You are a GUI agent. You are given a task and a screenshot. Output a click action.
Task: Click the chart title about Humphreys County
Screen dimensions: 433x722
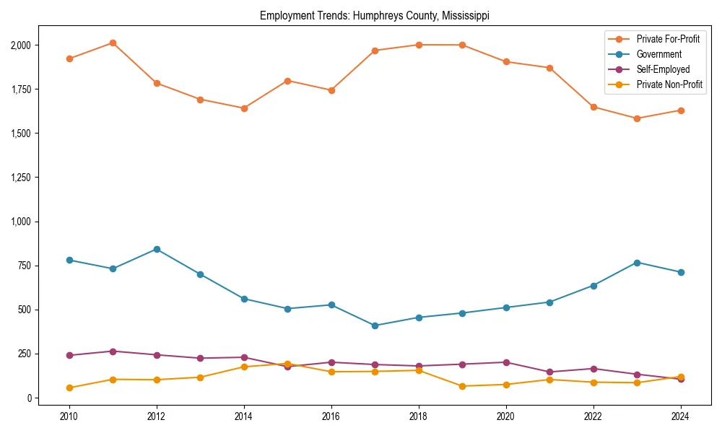pyautogui.click(x=375, y=16)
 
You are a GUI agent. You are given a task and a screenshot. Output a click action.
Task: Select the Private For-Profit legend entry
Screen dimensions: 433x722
pyautogui.click(x=668, y=39)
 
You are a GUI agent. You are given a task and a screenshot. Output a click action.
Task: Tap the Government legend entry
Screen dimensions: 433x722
pyautogui.click(x=658, y=54)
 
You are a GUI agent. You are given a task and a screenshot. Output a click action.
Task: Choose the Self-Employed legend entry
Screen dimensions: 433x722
pyautogui.click(x=663, y=69)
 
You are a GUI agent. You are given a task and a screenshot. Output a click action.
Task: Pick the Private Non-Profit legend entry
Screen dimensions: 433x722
pyautogui.click(x=669, y=84)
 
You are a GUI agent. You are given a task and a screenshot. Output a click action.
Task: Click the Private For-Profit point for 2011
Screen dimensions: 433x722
pyautogui.click(x=113, y=43)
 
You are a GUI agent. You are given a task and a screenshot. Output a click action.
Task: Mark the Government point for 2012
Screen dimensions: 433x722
pyautogui.click(x=157, y=249)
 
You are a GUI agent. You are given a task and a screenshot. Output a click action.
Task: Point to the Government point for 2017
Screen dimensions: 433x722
pyautogui.click(x=375, y=325)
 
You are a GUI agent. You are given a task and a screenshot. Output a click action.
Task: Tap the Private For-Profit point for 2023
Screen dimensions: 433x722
pyautogui.click(x=637, y=118)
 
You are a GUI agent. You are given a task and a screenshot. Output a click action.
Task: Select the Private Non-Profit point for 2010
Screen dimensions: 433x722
pyautogui.click(x=69, y=388)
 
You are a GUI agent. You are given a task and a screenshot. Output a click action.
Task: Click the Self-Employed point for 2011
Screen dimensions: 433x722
pyautogui.click(x=113, y=351)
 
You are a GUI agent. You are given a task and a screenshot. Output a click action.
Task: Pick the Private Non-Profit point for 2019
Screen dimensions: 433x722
pyautogui.click(x=462, y=386)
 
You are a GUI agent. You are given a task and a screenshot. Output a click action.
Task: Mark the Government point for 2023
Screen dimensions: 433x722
pyautogui.click(x=637, y=263)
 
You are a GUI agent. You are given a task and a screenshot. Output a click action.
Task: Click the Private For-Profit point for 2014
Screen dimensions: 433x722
pyautogui.click(x=244, y=108)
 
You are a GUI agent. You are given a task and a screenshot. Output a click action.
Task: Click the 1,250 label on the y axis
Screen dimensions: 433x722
pyautogui.click(x=20, y=178)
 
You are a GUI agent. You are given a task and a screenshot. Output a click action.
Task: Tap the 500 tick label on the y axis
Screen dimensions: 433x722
pyautogui.click(x=25, y=310)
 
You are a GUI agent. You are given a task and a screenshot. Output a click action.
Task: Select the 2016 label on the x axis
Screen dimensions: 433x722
pyautogui.click(x=331, y=416)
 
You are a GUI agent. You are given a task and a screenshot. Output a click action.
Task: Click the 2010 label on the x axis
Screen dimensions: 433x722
pyautogui.click(x=69, y=416)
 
